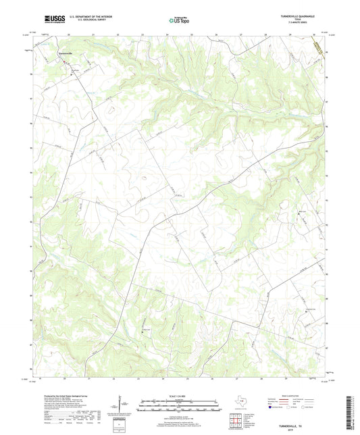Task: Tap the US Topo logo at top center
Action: click(178, 21)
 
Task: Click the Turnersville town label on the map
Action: click(66, 53)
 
